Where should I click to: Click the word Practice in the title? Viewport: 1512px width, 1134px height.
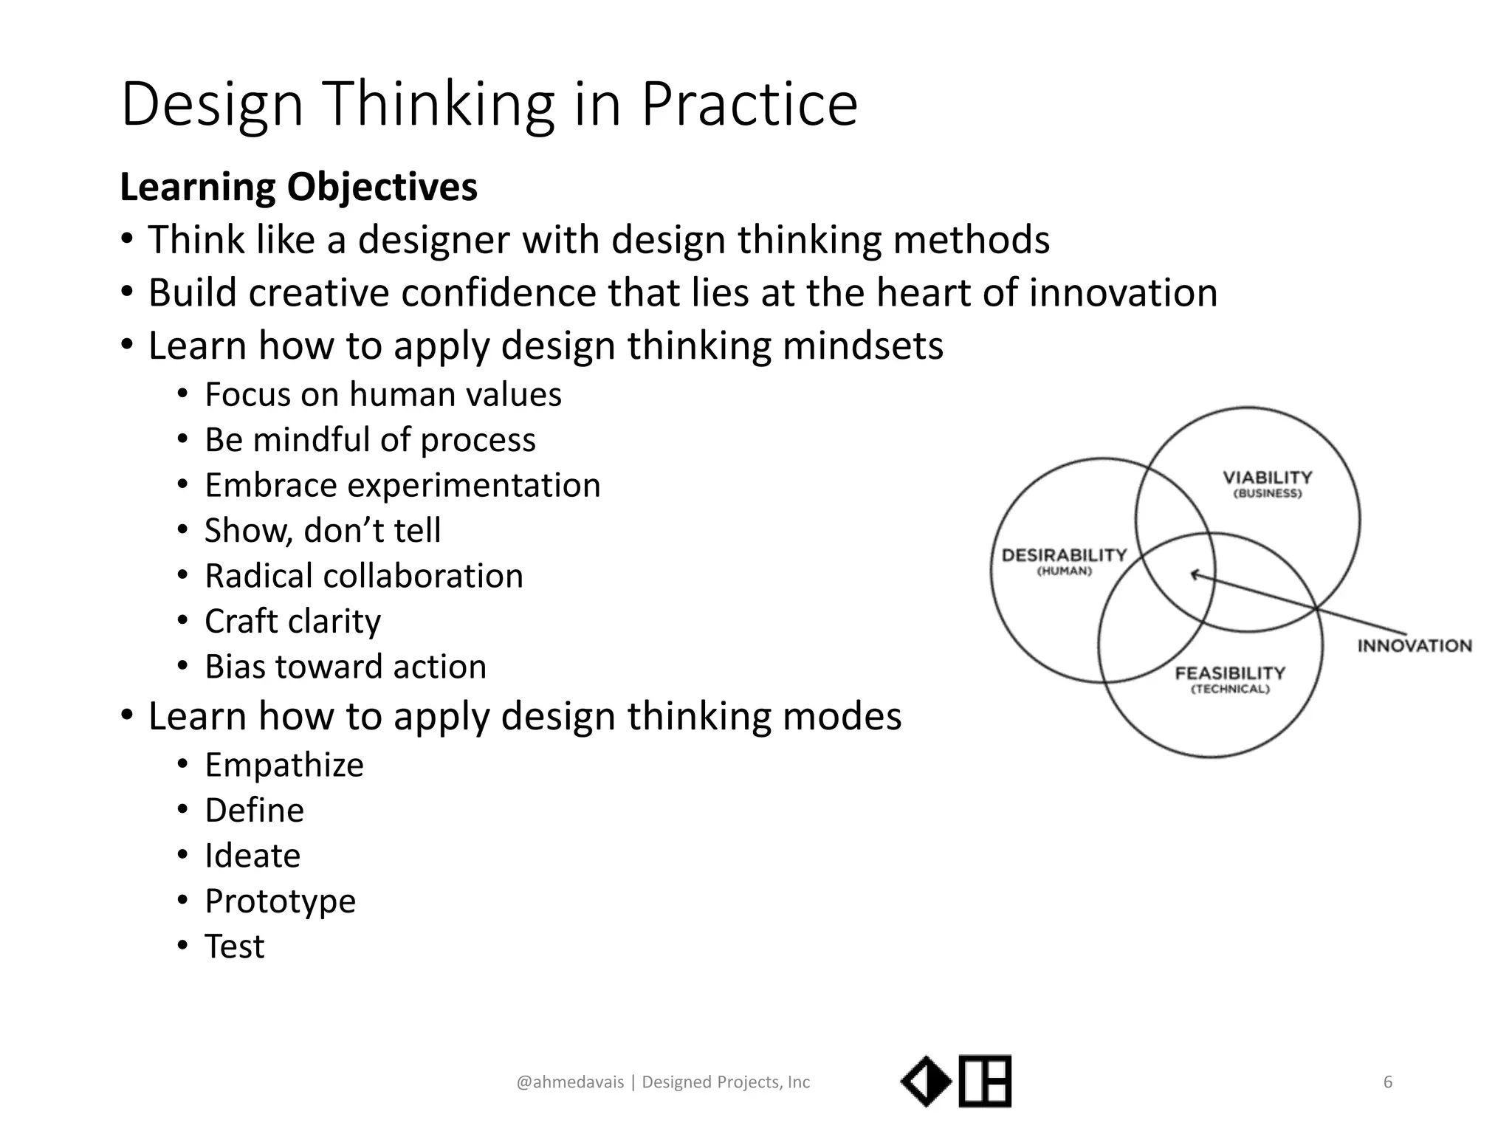(x=749, y=105)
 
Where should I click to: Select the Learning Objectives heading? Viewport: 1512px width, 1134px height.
(x=298, y=187)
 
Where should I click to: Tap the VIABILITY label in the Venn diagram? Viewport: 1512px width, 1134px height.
(x=1267, y=477)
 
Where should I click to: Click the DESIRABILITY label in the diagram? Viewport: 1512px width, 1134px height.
(x=1064, y=554)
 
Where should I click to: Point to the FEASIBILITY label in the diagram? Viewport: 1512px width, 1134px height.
(x=1230, y=673)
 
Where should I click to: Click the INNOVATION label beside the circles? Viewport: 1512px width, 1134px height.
(x=1414, y=646)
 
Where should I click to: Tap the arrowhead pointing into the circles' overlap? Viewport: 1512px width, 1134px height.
(x=1194, y=574)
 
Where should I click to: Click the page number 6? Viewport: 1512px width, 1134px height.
(x=1387, y=1082)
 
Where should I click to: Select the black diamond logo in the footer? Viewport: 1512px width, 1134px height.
(x=926, y=1082)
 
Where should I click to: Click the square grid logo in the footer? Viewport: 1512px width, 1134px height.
(x=985, y=1082)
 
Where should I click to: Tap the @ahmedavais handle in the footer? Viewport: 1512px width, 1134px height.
(x=570, y=1082)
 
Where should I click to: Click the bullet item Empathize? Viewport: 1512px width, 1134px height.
(x=283, y=765)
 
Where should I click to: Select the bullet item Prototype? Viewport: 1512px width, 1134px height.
(x=280, y=901)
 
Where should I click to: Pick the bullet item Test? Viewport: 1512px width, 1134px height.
(x=234, y=946)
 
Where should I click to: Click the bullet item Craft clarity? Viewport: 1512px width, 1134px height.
(x=292, y=621)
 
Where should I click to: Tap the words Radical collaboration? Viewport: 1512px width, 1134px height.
(x=363, y=576)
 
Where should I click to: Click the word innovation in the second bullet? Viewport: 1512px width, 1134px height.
(x=1122, y=292)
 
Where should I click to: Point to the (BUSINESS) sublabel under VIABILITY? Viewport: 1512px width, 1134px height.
(x=1267, y=494)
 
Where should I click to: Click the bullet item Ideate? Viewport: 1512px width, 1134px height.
(x=252, y=856)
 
